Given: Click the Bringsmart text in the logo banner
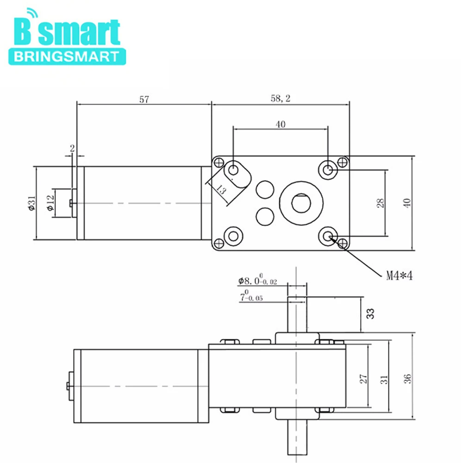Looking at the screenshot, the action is point(66,56).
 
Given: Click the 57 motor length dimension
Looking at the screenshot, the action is point(144,100).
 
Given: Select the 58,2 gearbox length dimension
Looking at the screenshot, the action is point(281,98).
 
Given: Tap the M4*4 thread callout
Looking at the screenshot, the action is point(399,276).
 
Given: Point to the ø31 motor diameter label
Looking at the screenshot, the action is point(32,203).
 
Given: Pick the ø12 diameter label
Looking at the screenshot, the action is point(50,203).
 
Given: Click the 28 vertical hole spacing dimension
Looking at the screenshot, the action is point(381,203).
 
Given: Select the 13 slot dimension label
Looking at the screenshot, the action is point(221,189).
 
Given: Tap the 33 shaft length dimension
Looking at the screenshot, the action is point(370,313).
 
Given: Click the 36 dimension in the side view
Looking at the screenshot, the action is point(407,379).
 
